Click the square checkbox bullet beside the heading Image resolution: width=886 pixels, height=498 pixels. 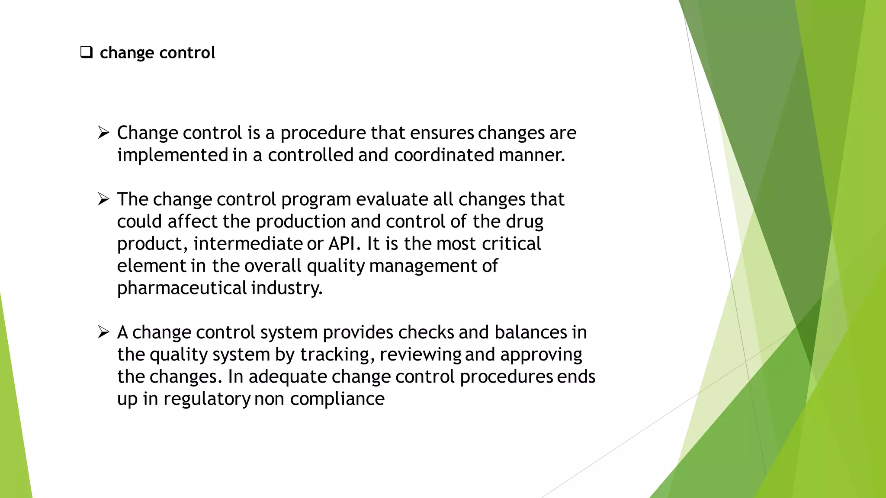click(x=87, y=53)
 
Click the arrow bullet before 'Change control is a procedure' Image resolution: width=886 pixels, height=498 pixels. click(x=103, y=132)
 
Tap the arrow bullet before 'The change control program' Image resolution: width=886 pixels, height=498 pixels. click(x=103, y=199)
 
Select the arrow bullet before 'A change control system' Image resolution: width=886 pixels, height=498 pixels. click(x=103, y=332)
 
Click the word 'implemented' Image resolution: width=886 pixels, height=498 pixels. click(x=173, y=155)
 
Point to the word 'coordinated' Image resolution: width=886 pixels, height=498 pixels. click(x=444, y=155)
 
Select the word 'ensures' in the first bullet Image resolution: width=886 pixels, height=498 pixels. click(x=442, y=133)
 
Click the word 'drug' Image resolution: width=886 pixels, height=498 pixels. click(x=524, y=222)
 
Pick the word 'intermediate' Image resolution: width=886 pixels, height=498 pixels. click(x=247, y=244)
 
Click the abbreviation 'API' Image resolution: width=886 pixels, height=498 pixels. click(x=342, y=244)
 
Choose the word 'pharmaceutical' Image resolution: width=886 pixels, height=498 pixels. click(x=182, y=288)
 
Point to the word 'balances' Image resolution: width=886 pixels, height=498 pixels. click(x=530, y=332)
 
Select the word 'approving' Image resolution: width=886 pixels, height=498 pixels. click(x=541, y=354)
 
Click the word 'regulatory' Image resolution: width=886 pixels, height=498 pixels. click(x=207, y=399)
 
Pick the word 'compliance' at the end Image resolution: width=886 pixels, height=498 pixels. click(x=337, y=399)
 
